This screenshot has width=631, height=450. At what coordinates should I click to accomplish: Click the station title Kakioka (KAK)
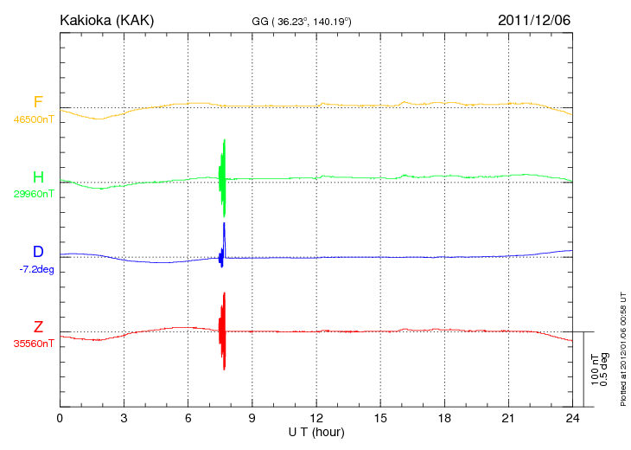[x=106, y=19]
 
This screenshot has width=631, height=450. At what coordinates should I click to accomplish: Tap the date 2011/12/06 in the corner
[x=534, y=19]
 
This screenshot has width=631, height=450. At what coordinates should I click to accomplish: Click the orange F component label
[x=38, y=102]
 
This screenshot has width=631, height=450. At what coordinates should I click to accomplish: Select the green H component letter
[x=38, y=177]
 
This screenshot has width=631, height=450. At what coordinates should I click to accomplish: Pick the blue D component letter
[x=38, y=252]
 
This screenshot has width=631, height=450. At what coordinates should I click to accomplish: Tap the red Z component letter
[x=38, y=326]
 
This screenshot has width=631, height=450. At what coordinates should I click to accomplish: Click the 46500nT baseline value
[x=33, y=119]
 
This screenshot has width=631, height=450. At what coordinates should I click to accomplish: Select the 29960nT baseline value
[x=33, y=194]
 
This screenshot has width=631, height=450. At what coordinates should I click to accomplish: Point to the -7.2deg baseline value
[x=36, y=269]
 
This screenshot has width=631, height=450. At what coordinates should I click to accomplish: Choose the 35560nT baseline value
[x=33, y=344]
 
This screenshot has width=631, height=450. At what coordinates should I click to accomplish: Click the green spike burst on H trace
[x=223, y=177]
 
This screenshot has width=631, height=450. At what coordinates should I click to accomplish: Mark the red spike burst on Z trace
[x=222, y=331]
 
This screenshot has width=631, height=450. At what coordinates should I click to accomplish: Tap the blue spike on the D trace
[x=224, y=238]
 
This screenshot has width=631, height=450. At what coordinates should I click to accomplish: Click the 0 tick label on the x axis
[x=60, y=419]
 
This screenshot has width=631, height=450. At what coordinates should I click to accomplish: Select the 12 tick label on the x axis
[x=316, y=419]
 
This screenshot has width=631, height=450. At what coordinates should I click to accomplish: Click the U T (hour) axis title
[x=316, y=432]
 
